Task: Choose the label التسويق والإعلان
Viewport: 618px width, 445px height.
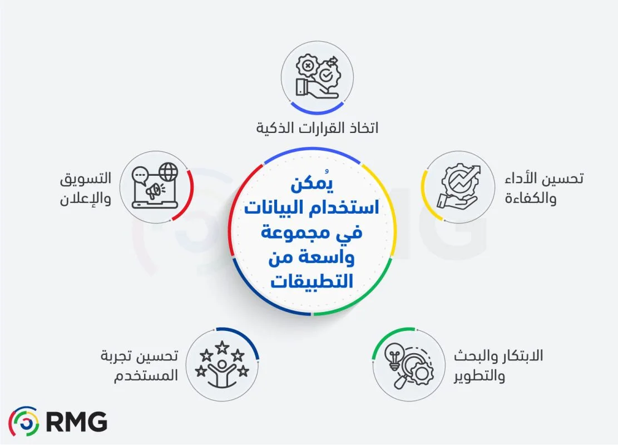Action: tap(86, 189)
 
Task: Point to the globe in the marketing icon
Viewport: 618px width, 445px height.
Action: tap(168, 171)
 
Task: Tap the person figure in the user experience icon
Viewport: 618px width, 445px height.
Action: tap(222, 373)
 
